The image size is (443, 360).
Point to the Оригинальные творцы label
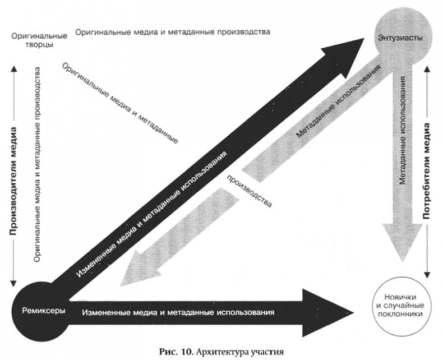click(39, 40)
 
